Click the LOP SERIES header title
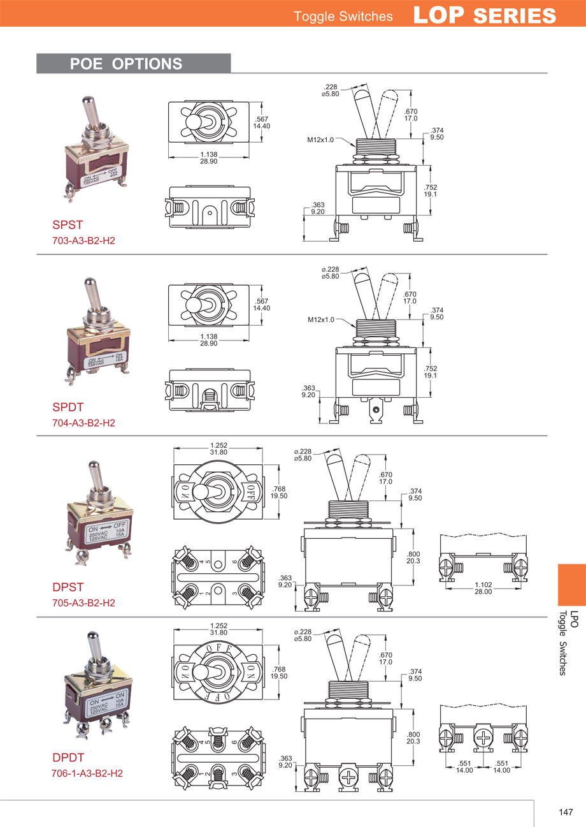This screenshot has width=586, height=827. coord(485,15)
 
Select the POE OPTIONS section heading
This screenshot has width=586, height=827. coord(126,64)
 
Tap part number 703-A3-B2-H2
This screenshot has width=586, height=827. coord(83,241)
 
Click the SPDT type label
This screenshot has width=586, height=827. coord(68,407)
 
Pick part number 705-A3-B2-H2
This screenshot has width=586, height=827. coord(83,603)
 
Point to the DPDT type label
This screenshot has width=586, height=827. coord(68,758)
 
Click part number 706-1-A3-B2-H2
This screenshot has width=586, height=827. coord(87,773)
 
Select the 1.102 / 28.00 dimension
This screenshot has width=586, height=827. coord(483,588)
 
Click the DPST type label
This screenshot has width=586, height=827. coord(68,587)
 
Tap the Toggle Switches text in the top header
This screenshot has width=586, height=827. coord(343,17)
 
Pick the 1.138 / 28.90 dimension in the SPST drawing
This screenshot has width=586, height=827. coord(209,159)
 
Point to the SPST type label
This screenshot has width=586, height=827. coord(67,225)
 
